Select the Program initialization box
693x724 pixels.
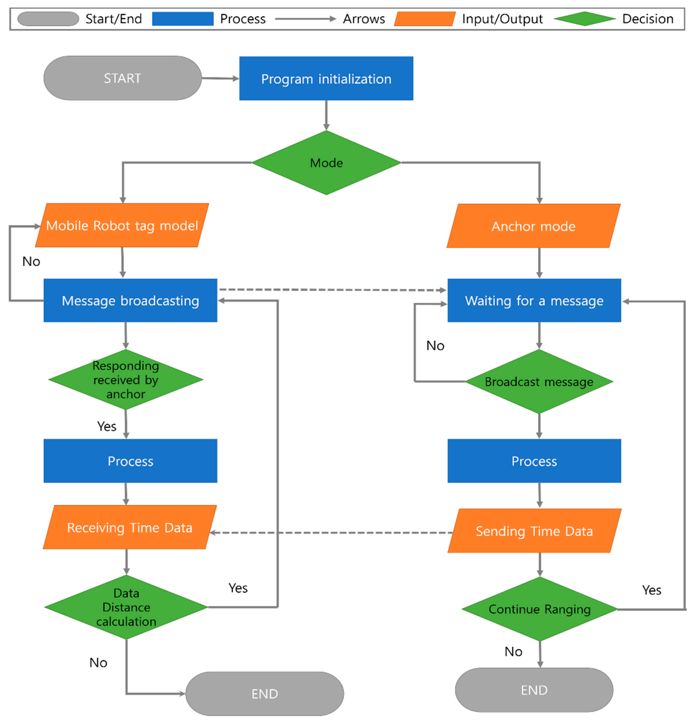(x=326, y=78)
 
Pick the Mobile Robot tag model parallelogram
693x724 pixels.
(x=122, y=225)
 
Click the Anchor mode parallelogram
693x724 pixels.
(x=533, y=226)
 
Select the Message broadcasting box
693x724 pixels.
(x=130, y=301)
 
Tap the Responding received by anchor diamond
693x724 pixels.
(x=126, y=380)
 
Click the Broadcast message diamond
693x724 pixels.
(x=539, y=382)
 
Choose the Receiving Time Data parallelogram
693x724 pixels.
(x=129, y=528)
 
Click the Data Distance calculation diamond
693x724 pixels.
(x=126, y=607)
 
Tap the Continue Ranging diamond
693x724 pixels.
(x=539, y=609)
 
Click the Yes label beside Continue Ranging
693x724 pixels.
(x=651, y=590)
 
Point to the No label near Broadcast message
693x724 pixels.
(x=435, y=346)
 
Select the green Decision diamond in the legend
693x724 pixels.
(x=584, y=19)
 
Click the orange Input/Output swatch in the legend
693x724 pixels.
(x=424, y=19)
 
